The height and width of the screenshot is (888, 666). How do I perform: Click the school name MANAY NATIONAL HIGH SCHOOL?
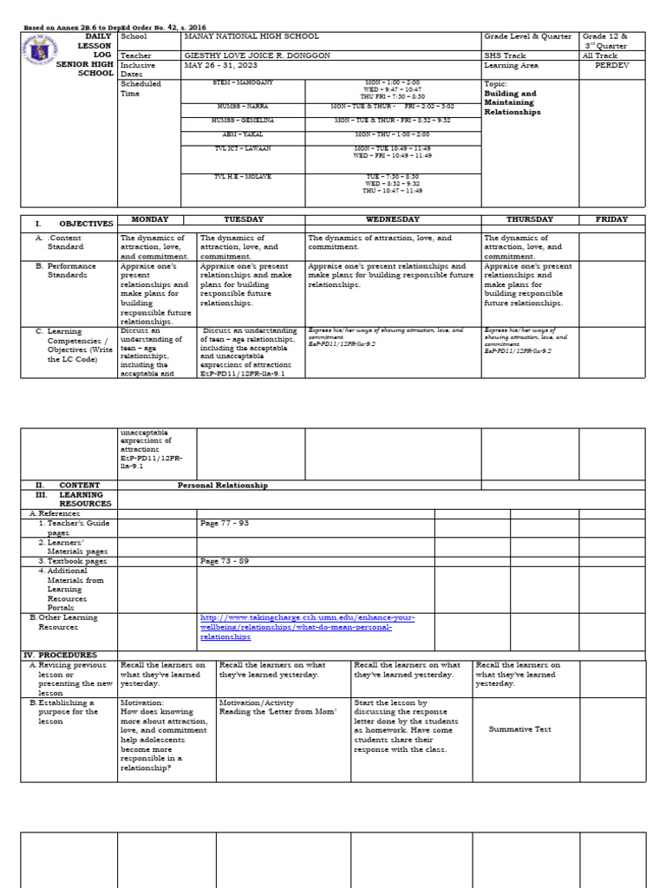[251, 37]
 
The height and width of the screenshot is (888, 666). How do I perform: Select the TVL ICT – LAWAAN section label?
[243, 149]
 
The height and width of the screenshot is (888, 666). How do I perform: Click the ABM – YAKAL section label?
[243, 135]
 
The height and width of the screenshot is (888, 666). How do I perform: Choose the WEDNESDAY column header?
[393, 220]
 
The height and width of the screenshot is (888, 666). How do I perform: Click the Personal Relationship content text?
[223, 486]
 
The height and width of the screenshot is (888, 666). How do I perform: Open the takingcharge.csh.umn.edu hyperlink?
[307, 626]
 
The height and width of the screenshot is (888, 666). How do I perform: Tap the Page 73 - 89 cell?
[224, 561]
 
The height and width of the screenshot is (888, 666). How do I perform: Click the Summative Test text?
[519, 729]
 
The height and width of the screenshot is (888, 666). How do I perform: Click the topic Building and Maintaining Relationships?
[512, 102]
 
